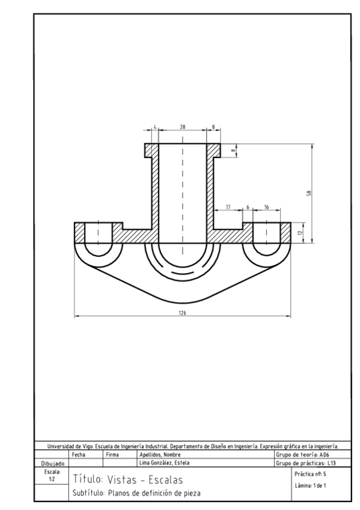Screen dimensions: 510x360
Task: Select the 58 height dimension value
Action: (x=307, y=193)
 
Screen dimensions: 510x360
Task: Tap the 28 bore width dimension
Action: (x=183, y=127)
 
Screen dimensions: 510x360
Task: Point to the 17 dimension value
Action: (x=228, y=207)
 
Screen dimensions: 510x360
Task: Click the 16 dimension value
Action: (x=266, y=207)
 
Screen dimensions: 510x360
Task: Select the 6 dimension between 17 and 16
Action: (x=247, y=207)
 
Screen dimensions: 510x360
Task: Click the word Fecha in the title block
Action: (x=79, y=455)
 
